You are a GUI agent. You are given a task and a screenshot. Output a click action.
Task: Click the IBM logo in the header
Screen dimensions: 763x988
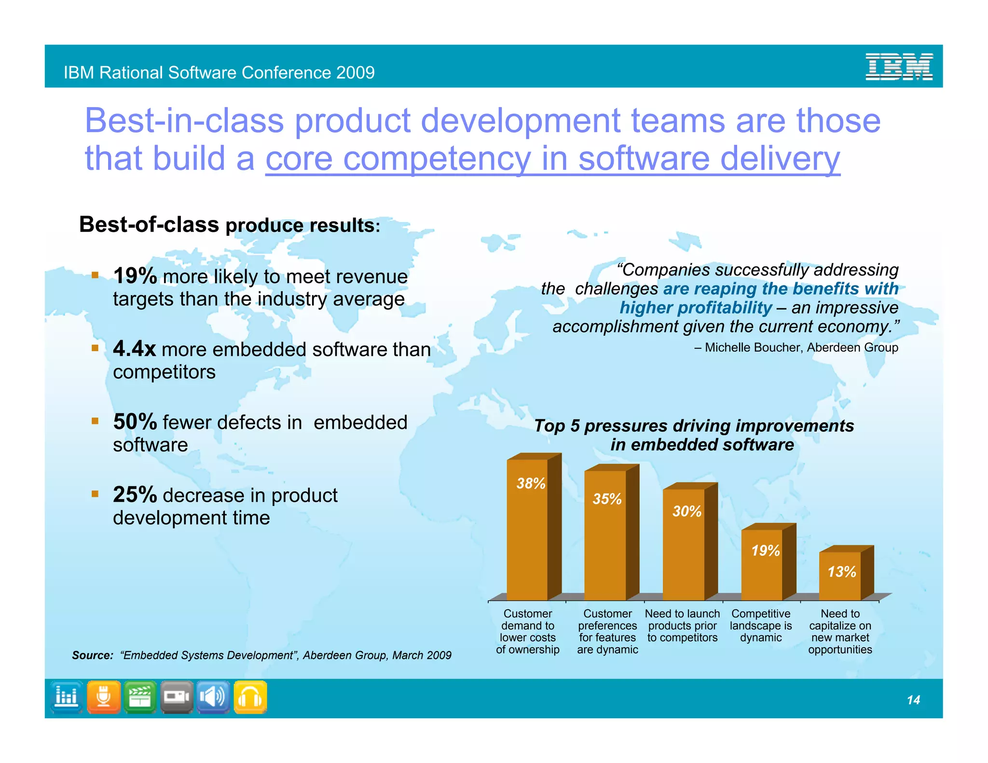898,67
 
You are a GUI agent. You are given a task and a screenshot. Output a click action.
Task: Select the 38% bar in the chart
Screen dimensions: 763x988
527,531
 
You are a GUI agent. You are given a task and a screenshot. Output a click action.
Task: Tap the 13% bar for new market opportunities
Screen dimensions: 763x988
840,576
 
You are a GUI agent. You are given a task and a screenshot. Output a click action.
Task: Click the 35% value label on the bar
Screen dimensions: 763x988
607,499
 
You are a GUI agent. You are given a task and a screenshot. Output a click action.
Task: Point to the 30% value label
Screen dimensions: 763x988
686,511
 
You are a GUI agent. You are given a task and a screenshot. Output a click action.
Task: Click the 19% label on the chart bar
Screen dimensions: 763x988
765,550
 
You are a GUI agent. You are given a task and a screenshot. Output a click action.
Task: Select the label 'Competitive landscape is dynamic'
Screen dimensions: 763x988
761,626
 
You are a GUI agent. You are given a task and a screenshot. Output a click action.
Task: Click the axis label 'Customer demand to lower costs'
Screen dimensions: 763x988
527,631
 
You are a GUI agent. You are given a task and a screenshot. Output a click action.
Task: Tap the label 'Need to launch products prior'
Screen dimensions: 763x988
682,626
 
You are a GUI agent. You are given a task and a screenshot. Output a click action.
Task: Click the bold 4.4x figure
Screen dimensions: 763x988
134,348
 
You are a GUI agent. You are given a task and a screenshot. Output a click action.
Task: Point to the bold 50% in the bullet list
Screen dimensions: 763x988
135,422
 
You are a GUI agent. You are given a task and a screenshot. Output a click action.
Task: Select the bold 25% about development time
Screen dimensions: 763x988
135,494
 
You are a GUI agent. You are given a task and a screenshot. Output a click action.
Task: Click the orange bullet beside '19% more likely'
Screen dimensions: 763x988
95,275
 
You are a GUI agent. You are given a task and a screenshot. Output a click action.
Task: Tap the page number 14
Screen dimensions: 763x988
913,700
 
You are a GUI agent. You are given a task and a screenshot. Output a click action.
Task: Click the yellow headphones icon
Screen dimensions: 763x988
250,697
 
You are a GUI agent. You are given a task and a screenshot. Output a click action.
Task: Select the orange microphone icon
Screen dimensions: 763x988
104,697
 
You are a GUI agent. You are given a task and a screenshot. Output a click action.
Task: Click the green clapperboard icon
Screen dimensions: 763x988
140,697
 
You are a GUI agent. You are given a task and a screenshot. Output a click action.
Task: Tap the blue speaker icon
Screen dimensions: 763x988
213,697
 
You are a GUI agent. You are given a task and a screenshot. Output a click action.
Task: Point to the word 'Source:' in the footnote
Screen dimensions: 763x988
92,655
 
